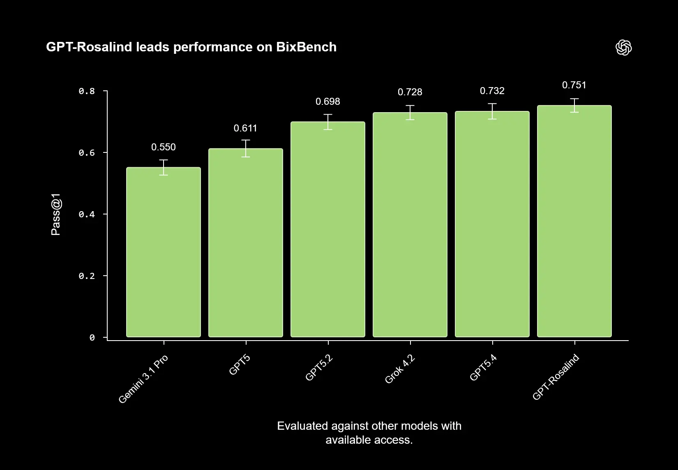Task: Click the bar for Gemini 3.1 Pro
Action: [x=164, y=252]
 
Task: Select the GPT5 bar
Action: [x=246, y=243]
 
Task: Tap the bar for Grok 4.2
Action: [x=410, y=225]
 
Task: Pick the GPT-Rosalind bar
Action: [x=574, y=221]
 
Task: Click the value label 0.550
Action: [x=164, y=147]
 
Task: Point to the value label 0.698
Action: [x=328, y=101]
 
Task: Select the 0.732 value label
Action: [x=492, y=91]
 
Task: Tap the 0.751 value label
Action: [x=574, y=85]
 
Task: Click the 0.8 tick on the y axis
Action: [x=87, y=91]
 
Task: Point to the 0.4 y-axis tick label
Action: [x=87, y=214]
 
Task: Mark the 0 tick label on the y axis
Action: [x=92, y=338]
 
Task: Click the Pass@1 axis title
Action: [x=56, y=214]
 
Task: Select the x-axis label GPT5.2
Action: [x=319, y=368]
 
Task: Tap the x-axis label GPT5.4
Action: [x=483, y=368]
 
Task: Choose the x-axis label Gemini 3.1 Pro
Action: [x=143, y=379]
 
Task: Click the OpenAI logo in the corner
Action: [x=623, y=48]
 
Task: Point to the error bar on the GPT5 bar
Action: [x=246, y=148]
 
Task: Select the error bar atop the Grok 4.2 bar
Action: [x=410, y=112]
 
